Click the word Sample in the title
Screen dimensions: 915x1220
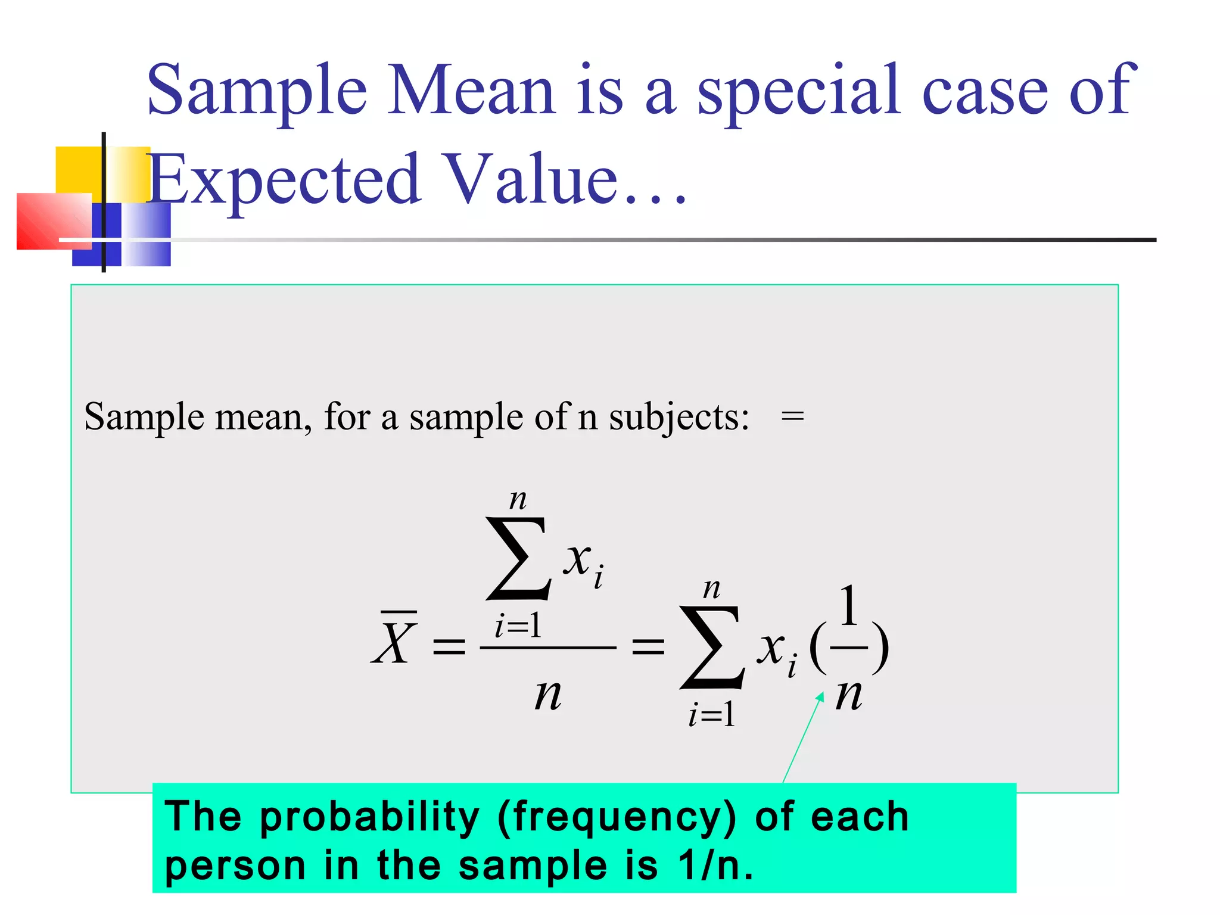pyautogui.click(x=256, y=91)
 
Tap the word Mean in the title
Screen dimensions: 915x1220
pyautogui.click(x=471, y=91)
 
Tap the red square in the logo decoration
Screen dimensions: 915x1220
pyautogui.click(x=54, y=221)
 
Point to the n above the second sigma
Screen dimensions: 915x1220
pyautogui.click(x=711, y=589)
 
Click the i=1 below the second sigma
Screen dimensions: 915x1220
pyautogui.click(x=711, y=715)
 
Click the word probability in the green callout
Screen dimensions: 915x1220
pyautogui.click(x=369, y=817)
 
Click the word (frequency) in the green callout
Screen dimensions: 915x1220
pyautogui.click(x=617, y=817)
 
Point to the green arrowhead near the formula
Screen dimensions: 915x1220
pyautogui.click(x=820, y=696)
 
